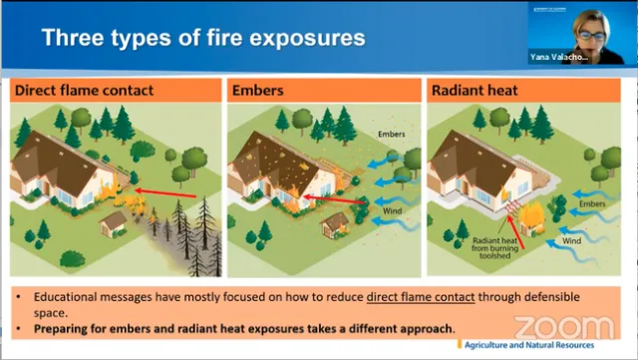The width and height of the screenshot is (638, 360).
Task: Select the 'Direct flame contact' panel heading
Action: (x=84, y=91)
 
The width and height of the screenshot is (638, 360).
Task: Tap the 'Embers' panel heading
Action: (x=258, y=91)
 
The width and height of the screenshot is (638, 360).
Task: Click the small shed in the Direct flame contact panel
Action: (x=113, y=222)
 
